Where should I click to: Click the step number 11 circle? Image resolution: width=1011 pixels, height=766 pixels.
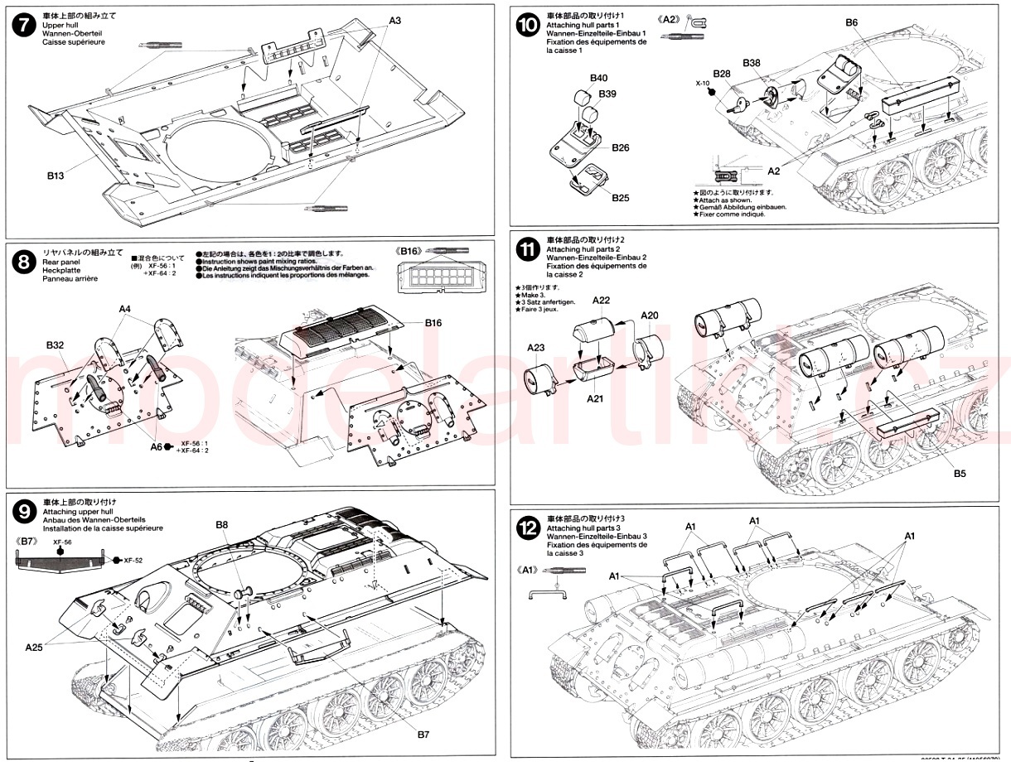tap(526, 249)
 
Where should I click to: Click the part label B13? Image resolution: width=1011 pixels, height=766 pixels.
tap(56, 176)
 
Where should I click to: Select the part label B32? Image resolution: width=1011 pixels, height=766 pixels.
tap(56, 344)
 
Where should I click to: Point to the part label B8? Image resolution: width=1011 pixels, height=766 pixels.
tap(221, 524)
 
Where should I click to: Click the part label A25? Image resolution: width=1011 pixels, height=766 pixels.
tap(34, 646)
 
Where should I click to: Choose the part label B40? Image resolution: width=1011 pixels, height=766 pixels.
tap(598, 78)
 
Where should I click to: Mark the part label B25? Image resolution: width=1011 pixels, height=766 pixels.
tap(621, 198)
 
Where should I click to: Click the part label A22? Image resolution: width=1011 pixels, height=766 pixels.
tap(602, 300)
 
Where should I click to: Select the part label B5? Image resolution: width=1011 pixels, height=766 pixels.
tap(960, 474)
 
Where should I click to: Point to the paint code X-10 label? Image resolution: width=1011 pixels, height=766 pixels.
tap(701, 84)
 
